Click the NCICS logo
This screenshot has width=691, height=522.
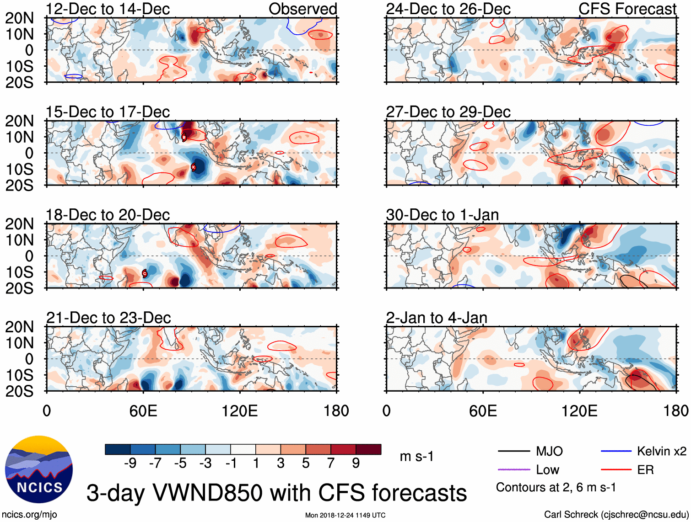tap(39, 469)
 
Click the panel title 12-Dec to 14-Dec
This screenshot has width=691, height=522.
tap(108, 9)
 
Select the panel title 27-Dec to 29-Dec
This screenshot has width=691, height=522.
tap(448, 112)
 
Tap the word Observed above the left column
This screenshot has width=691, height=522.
tap(302, 9)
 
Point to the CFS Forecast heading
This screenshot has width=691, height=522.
tap(627, 9)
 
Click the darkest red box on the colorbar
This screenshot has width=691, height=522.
tap(368, 449)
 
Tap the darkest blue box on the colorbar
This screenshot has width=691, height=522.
tap(118, 449)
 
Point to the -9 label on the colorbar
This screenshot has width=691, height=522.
tap(130, 463)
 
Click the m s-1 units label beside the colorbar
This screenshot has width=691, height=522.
tap(416, 457)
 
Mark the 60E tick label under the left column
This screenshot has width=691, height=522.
tap(143, 411)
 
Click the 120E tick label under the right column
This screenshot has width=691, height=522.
tap(579, 411)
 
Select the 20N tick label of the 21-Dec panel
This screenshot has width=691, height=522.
tap(19, 327)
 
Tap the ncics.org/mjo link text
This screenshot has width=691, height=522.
tap(29, 515)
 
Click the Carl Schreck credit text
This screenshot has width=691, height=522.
tap(616, 515)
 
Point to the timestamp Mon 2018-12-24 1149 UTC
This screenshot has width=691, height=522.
tap(345, 515)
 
